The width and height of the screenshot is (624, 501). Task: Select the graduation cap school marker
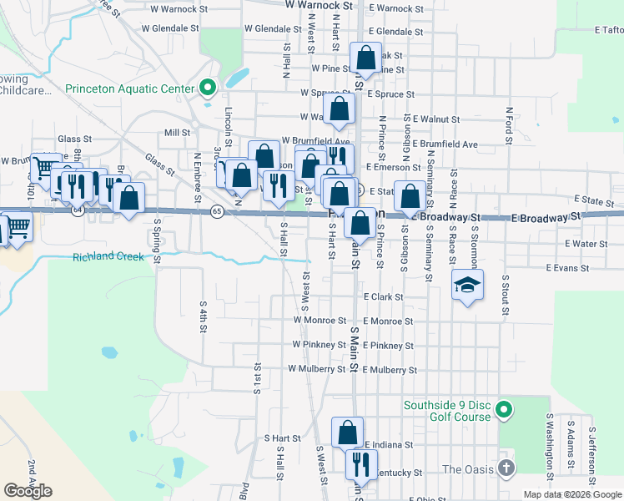pyautogui.click(x=468, y=286)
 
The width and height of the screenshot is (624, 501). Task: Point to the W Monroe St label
pyautogui.click(x=320, y=320)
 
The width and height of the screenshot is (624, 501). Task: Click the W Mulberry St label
pyautogui.click(x=317, y=368)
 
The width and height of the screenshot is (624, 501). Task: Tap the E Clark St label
pyautogui.click(x=383, y=296)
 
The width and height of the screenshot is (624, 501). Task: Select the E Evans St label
pyautogui.click(x=567, y=268)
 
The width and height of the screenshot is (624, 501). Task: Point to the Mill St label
pyautogui.click(x=178, y=133)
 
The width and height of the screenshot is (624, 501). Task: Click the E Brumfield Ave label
pyautogui.click(x=445, y=144)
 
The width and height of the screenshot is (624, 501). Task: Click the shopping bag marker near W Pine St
pyautogui.click(x=366, y=58)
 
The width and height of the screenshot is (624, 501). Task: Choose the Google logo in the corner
pyautogui.click(x=28, y=491)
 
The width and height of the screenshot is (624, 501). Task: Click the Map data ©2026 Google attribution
pyautogui.click(x=573, y=494)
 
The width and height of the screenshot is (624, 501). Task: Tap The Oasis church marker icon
pyautogui.click(x=506, y=468)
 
